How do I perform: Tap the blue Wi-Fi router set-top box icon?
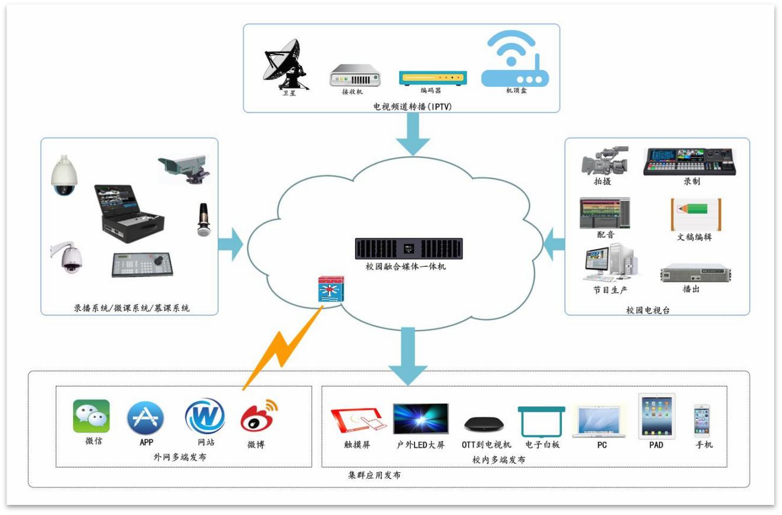click(515, 59)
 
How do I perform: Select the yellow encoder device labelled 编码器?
click(433, 78)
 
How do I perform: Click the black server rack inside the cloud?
click(409, 249)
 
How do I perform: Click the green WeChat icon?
click(91, 416)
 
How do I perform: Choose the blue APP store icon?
click(146, 417)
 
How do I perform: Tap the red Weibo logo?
click(258, 416)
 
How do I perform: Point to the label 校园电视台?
click(648, 310)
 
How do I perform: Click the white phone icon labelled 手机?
click(702, 421)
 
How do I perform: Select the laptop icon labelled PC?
click(599, 421)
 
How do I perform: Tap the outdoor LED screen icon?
click(421, 419)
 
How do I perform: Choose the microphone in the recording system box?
click(204, 219)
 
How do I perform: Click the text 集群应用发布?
click(374, 476)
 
